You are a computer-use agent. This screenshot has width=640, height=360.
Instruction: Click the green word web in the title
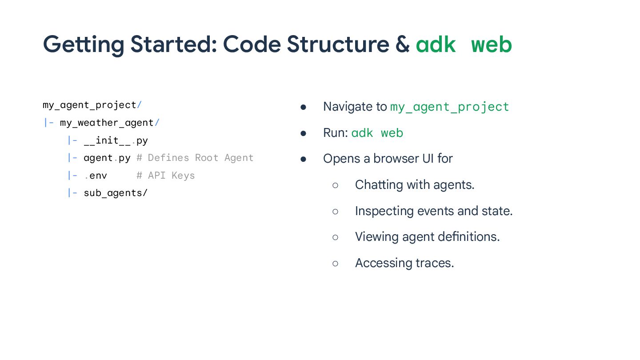(491, 44)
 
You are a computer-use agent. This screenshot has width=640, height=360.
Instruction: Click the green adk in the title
(436, 44)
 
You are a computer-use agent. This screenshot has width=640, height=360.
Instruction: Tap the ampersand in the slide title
(402, 44)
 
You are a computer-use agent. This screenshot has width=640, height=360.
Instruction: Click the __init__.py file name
(116, 140)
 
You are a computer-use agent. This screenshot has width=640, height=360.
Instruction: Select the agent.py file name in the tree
(107, 158)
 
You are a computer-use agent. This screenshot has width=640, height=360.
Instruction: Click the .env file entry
(96, 176)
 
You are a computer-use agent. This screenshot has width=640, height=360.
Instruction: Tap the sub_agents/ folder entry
(116, 193)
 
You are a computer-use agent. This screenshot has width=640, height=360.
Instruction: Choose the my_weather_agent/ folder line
(109, 123)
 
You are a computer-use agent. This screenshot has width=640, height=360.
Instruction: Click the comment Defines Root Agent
(200, 158)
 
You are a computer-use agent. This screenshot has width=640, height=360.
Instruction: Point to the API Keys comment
(171, 176)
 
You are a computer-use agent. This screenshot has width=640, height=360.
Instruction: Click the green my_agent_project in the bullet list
(449, 107)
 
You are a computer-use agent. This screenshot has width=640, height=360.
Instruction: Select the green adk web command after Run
(377, 133)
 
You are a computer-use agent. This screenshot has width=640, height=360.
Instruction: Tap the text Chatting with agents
(415, 184)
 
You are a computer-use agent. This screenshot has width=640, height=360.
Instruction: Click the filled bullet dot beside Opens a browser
(304, 159)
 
